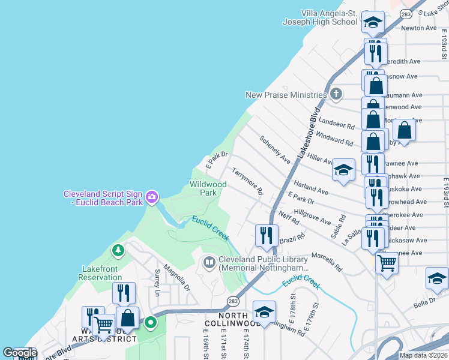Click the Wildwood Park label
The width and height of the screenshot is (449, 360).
(208, 188)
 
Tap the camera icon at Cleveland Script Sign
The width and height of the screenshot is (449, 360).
(152, 196)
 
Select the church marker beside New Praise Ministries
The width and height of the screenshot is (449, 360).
(336, 94)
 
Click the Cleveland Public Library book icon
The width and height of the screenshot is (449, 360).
(209, 262)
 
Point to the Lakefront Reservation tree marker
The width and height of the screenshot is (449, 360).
(118, 250)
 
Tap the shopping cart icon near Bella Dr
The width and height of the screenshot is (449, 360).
(387, 262)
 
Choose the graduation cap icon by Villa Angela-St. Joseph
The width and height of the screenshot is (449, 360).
(373, 23)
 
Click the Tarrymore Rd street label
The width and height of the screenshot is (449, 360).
(248, 182)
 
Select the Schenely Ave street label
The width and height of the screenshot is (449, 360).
(275, 150)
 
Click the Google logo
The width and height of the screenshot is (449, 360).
(20, 353)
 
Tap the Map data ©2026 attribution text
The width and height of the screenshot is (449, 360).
(423, 355)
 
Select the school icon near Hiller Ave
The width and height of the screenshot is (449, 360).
(344, 170)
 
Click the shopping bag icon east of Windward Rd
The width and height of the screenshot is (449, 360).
(404, 131)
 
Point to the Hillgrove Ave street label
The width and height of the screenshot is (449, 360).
(312, 217)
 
